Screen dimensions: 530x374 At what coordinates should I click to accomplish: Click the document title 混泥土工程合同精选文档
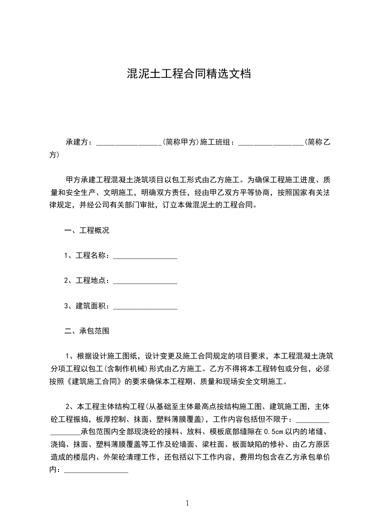(189, 75)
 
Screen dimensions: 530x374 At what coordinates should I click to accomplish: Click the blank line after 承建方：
(129, 142)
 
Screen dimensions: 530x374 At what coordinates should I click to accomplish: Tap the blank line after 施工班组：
(271, 142)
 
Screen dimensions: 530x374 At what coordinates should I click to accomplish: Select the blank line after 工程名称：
(145, 256)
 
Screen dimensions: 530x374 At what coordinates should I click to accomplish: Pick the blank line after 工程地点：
(145, 281)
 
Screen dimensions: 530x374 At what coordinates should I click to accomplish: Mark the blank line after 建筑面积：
(145, 307)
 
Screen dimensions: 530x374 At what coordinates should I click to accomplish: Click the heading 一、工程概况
(87, 231)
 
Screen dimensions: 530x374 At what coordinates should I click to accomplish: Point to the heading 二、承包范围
(87, 331)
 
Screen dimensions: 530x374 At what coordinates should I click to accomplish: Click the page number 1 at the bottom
(188, 503)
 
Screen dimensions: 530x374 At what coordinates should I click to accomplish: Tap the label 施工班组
(216, 142)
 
